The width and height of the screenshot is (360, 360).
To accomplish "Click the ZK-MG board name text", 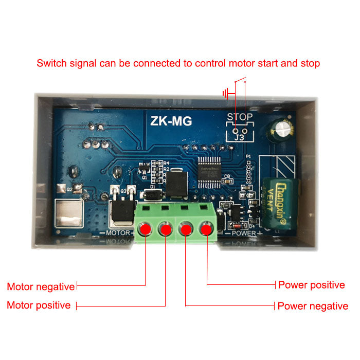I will tap(171, 121).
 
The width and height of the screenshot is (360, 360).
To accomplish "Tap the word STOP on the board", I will tap(240, 117).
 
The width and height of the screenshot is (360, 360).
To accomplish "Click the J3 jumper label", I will tap(240, 138).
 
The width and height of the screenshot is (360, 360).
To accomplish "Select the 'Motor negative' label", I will tap(41, 286).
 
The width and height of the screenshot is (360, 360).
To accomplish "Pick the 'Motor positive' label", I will tap(39, 305).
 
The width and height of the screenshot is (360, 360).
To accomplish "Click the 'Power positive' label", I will tap(311, 285).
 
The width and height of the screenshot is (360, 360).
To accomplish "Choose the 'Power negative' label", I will tap(313, 306).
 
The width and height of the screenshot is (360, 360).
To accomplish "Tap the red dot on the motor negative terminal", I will tap(146, 229).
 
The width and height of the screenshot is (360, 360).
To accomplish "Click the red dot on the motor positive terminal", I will tap(166, 229).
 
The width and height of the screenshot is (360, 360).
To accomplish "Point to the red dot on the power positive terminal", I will tap(207, 229).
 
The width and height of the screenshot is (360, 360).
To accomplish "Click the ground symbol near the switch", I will tap(226, 94).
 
